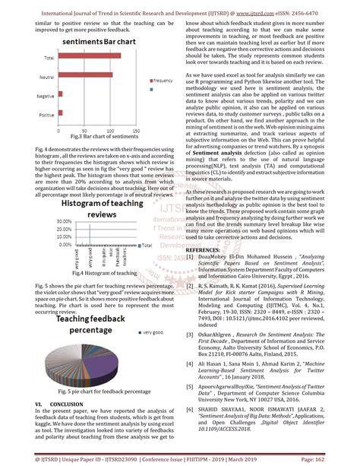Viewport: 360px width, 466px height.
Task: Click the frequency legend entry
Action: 162,80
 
